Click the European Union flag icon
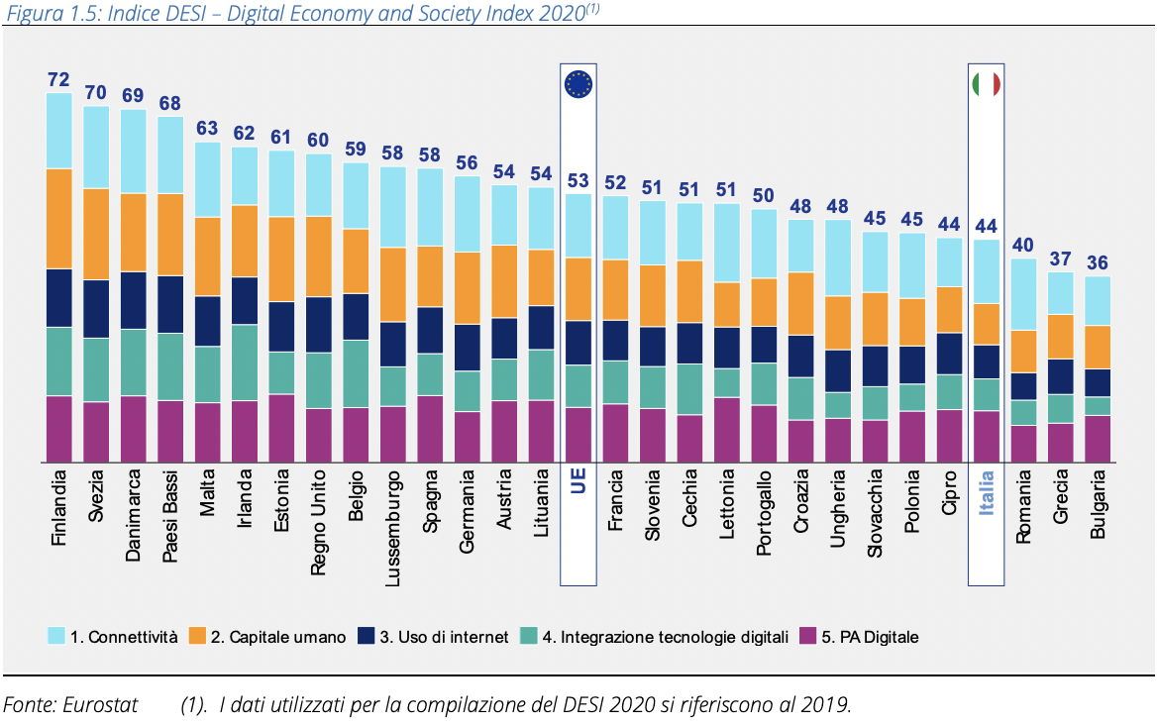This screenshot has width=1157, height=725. [x=578, y=84]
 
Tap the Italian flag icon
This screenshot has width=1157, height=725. [x=986, y=84]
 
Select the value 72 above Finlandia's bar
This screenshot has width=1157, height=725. [x=59, y=79]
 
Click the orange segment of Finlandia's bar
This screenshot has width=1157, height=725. [x=59, y=218]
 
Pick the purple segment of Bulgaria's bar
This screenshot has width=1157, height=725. [x=1097, y=438]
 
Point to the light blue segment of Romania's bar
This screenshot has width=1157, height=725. [x=1023, y=294]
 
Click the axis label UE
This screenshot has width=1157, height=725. [x=578, y=485]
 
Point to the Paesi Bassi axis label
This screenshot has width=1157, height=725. [x=170, y=515]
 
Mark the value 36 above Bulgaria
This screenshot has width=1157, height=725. [x=1097, y=263]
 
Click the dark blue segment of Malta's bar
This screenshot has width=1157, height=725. [x=207, y=321]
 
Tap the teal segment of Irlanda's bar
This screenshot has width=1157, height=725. [x=245, y=362]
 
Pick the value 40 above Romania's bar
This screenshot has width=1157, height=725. [x=1023, y=246]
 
